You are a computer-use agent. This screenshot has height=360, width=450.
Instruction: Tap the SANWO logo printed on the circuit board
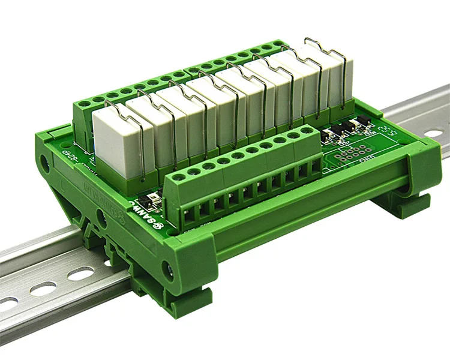click(144, 208)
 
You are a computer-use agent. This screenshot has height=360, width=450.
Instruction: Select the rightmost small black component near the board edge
click(362, 124)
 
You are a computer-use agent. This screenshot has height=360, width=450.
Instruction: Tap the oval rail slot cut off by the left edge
click(7, 304)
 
